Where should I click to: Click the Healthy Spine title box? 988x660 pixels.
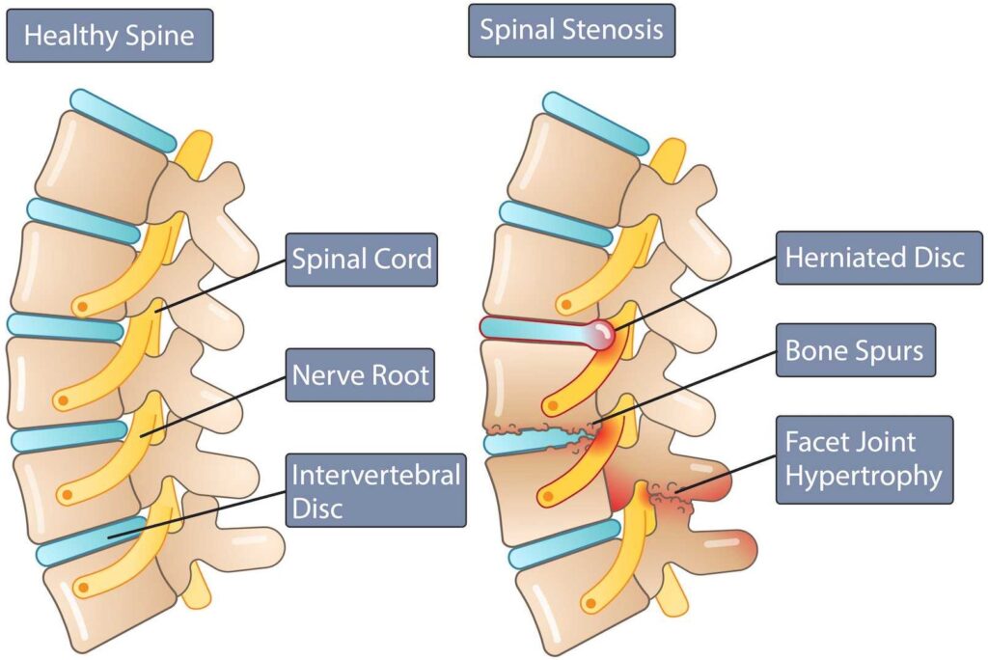coord(109,37)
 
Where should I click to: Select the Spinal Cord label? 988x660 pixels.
coord(362,260)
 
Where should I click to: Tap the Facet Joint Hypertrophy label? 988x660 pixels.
coord(864,459)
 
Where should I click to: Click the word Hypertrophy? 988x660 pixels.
coord(865,475)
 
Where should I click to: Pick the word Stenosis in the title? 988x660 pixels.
coord(619,29)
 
